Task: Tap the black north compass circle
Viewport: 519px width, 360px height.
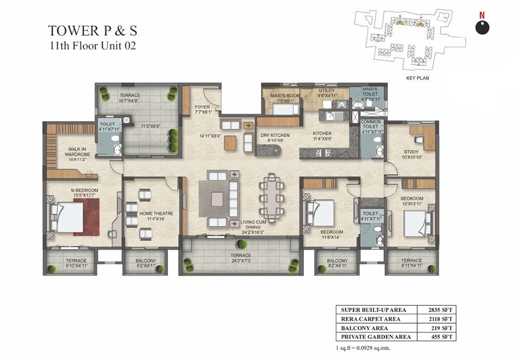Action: pyautogui.click(x=482, y=27)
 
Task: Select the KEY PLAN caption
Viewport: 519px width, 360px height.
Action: pyautogui.click(x=417, y=78)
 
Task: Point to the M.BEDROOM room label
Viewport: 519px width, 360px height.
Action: pyautogui.click(x=85, y=191)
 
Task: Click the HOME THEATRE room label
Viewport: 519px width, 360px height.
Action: pyautogui.click(x=156, y=214)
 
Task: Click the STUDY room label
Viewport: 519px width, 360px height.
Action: pyautogui.click(x=411, y=152)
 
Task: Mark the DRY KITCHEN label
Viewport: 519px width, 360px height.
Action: pyautogui.click(x=275, y=136)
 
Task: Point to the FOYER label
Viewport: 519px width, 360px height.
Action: pyautogui.click(x=202, y=108)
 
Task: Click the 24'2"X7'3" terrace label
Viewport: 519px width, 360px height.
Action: pyautogui.click(x=241, y=261)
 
